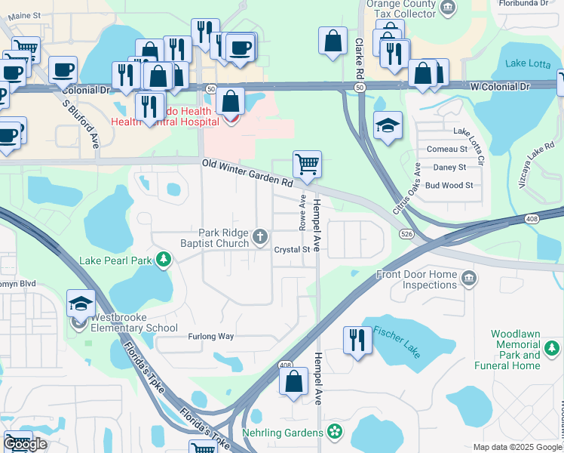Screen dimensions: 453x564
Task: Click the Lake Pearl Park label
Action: (116, 261)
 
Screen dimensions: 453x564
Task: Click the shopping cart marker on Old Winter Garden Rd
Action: (307, 164)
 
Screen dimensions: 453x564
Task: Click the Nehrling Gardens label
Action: (284, 433)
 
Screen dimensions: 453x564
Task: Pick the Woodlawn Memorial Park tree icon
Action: (553, 348)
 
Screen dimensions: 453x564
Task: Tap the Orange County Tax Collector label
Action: (400, 9)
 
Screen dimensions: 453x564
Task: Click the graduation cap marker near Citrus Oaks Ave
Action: (388, 125)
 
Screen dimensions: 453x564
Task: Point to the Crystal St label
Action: (292, 249)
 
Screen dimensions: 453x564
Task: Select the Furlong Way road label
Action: (211, 337)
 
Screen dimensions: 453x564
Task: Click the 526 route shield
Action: (406, 234)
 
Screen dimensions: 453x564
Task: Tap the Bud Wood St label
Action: (449, 185)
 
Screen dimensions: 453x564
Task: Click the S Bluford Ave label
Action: (81, 125)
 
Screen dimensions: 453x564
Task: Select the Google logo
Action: (25, 444)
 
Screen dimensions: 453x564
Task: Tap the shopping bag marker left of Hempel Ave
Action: (294, 381)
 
